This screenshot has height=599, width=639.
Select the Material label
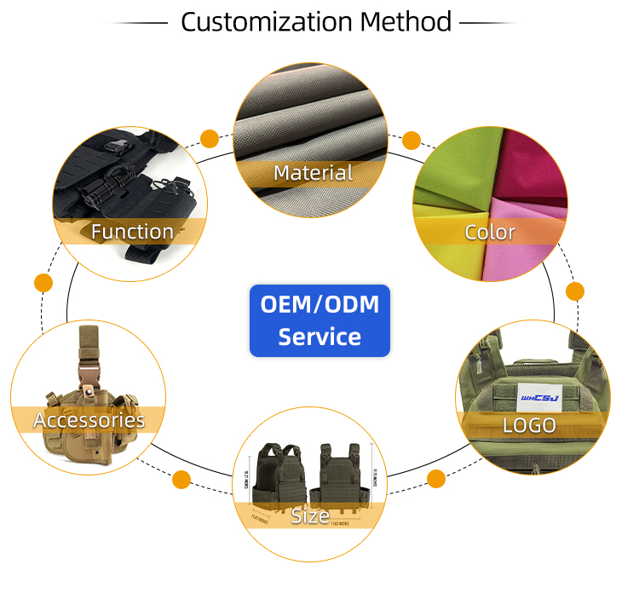pyautogui.click(x=313, y=173)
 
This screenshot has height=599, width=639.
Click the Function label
pyautogui.click(x=132, y=231)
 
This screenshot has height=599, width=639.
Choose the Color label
pyautogui.click(x=490, y=231)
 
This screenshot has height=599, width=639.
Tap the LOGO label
pyautogui.click(x=529, y=424)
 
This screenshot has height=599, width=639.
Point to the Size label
pyautogui.click(x=310, y=515)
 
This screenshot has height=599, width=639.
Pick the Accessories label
pyautogui.click(x=89, y=419)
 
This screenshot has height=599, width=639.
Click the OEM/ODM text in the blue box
pyautogui.click(x=319, y=304)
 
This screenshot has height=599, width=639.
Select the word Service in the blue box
pyautogui.click(x=319, y=337)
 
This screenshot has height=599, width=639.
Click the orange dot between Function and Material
pyautogui.click(x=209, y=138)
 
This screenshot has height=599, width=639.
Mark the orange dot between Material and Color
pyautogui.click(x=412, y=140)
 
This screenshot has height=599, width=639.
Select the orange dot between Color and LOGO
pyautogui.click(x=575, y=291)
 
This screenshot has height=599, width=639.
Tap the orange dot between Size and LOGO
pyautogui.click(x=436, y=478)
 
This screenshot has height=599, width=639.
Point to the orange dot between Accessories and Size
pyautogui.click(x=181, y=480)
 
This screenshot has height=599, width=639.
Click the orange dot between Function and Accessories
pyautogui.click(x=43, y=282)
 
